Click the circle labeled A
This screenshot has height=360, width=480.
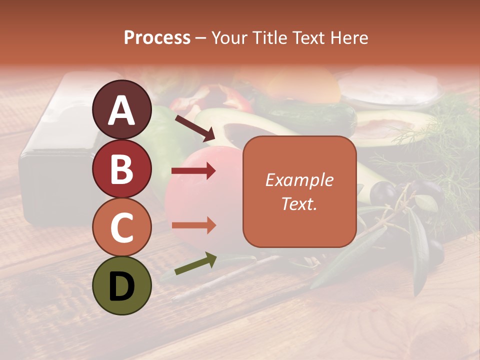[x=122, y=109]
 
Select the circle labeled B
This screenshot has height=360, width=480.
[x=122, y=168]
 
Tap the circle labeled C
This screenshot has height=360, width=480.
[x=122, y=227]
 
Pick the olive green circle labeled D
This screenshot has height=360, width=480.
[x=122, y=286]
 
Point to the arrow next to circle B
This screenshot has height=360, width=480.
[x=193, y=171]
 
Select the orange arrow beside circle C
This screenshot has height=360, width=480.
[x=193, y=225]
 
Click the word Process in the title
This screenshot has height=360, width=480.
[x=157, y=37]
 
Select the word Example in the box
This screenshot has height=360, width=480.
[x=299, y=180]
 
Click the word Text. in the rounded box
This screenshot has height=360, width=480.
[x=299, y=203]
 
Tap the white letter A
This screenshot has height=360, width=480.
[x=122, y=110]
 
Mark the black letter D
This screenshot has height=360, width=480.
[x=122, y=286]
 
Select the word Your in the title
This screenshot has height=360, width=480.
[x=228, y=37]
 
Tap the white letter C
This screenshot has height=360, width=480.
[x=122, y=228]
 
